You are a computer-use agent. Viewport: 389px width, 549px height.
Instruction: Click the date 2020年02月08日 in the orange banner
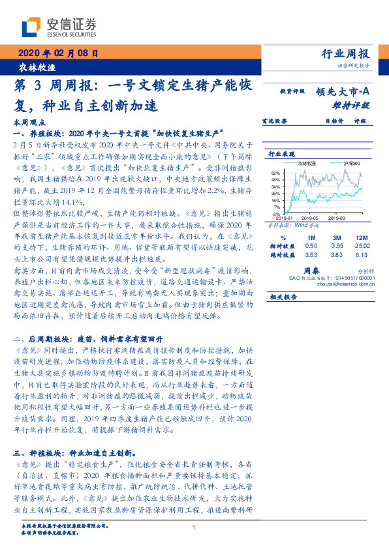57,55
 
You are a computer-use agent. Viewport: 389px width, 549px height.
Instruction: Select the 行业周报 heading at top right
345,54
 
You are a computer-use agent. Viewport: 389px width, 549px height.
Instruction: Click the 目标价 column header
334,121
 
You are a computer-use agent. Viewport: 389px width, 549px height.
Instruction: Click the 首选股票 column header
271,121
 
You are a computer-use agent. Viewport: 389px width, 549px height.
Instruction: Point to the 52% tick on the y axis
276,172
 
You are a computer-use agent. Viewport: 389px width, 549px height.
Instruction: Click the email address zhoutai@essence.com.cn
349,284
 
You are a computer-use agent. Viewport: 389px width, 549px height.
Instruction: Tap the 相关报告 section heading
283,295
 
